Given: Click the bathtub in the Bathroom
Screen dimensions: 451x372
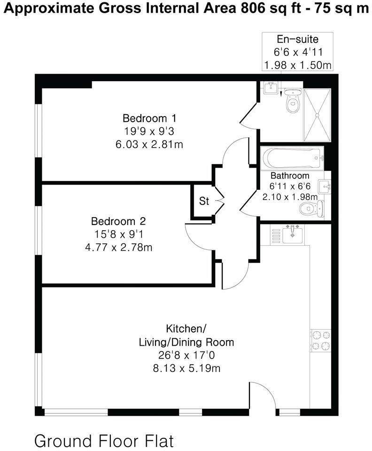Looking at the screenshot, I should click(x=292, y=158).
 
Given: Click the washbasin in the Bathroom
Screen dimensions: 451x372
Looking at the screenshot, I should click(x=324, y=187).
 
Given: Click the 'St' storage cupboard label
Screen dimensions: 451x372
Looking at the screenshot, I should click(x=204, y=202).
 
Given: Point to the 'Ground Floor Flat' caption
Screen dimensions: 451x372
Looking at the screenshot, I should click(x=104, y=441).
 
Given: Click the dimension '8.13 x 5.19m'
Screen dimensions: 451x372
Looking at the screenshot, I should click(x=186, y=368).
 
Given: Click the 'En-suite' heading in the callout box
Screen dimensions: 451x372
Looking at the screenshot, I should click(x=297, y=39).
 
